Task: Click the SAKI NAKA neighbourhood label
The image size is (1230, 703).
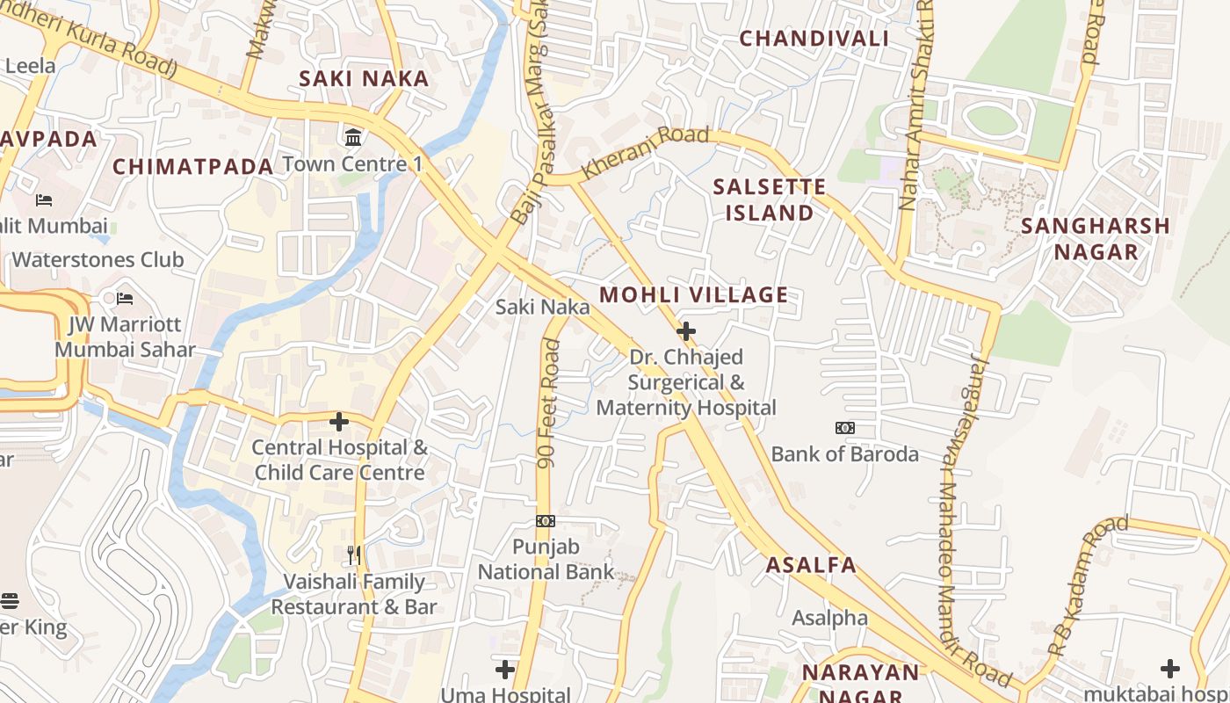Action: pos(364,78)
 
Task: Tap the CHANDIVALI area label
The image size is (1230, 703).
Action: pos(814,38)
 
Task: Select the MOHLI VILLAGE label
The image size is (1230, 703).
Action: pos(694,294)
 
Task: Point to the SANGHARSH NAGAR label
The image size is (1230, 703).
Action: pos(1096,238)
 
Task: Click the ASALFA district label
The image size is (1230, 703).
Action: pos(810,564)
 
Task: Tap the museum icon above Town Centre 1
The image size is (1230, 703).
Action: pos(353,137)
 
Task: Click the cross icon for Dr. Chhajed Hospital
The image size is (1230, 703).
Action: pos(686,331)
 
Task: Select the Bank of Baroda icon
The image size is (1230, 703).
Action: pos(844,428)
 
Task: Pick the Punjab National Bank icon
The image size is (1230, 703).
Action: pos(546,521)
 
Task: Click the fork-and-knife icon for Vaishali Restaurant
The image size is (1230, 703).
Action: pos(353,554)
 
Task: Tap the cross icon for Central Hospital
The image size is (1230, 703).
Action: pos(339,422)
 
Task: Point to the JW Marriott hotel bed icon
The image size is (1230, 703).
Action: pos(125,299)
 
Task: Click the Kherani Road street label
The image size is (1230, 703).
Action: pos(646,154)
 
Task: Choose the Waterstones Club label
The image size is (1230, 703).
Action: pos(98,259)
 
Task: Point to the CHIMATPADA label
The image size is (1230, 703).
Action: pos(193,166)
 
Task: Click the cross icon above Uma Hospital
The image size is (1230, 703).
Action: pos(504,670)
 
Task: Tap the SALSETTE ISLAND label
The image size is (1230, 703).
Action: pos(769,199)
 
